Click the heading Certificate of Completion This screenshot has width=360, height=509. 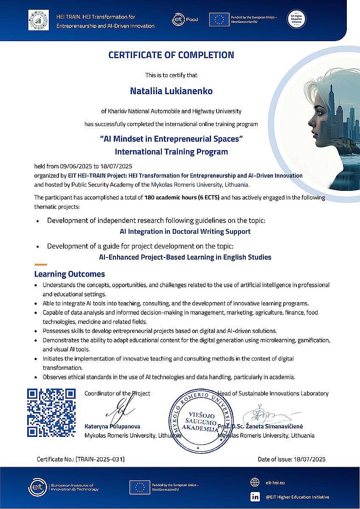tap(171, 55)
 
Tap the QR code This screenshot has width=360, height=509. tap(51, 412)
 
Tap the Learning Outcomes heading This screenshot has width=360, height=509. tap(70, 274)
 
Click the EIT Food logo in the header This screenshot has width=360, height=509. tap(185, 19)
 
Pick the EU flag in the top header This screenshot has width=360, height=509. tap(219, 20)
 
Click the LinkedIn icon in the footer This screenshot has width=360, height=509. tap(255, 497)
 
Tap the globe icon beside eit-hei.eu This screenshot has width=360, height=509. tap(255, 482)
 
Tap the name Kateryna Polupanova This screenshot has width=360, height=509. tap(112, 426)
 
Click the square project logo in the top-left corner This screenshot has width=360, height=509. tap(39, 20)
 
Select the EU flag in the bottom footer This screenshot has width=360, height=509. tap(140, 487)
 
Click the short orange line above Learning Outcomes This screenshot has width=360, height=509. tap(40, 265)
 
